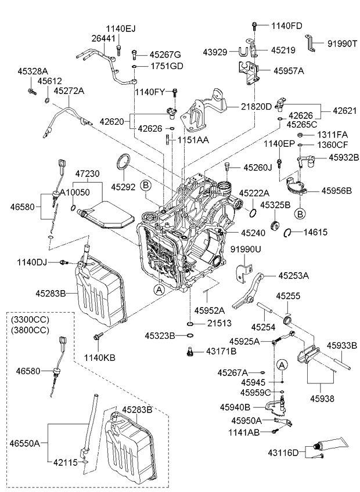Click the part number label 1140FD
pos(286,26)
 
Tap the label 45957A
pos(289,71)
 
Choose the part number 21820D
pos(256,107)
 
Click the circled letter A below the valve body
pos(160,290)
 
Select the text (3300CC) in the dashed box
pos(30,320)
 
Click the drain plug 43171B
pos(189,352)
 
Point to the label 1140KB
pos(100,357)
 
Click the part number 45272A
pos(69,91)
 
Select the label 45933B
pos(342,345)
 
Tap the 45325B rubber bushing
pos(275,225)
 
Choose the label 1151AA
pos(193,140)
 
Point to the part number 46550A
pos(24,443)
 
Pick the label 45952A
pos(210,310)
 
